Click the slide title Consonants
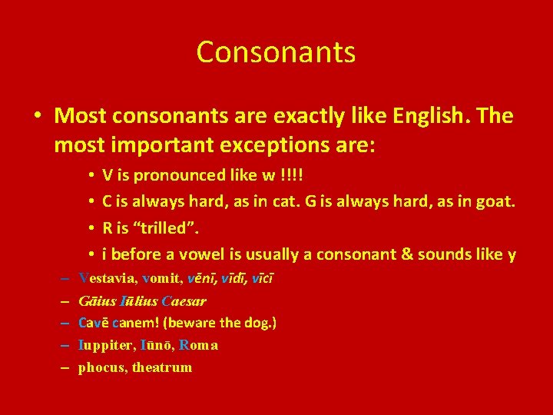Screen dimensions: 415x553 pos(276,52)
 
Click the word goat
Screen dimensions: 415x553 pos(496,202)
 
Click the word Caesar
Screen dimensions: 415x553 pos(184,301)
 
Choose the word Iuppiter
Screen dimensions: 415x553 pos(106,345)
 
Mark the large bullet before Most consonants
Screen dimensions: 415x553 pos(37,117)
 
